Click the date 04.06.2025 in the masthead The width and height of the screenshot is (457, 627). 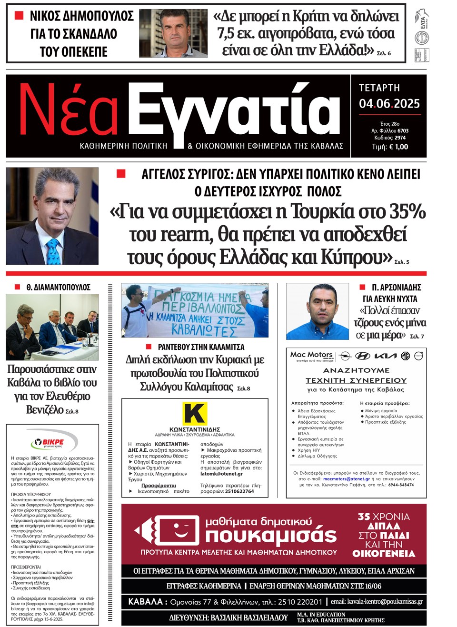[389, 104]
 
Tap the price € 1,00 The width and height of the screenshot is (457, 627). [398, 147]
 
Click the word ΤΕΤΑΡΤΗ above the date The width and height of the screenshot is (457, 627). [379, 88]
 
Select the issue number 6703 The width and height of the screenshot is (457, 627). [403, 131]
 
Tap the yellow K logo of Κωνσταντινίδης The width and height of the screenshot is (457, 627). [195, 413]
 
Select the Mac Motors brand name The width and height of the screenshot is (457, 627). [311, 355]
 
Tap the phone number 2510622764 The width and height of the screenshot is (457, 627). [239, 491]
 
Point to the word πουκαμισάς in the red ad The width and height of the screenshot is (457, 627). [270, 535]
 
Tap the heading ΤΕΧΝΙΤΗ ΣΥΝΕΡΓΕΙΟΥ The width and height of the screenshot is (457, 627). [356, 380]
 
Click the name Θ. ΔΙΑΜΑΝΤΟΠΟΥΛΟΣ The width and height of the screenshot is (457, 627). [58, 288]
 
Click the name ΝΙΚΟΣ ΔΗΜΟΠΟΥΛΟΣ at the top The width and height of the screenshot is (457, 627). [81, 16]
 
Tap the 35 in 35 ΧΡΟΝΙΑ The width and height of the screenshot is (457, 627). [364, 517]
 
